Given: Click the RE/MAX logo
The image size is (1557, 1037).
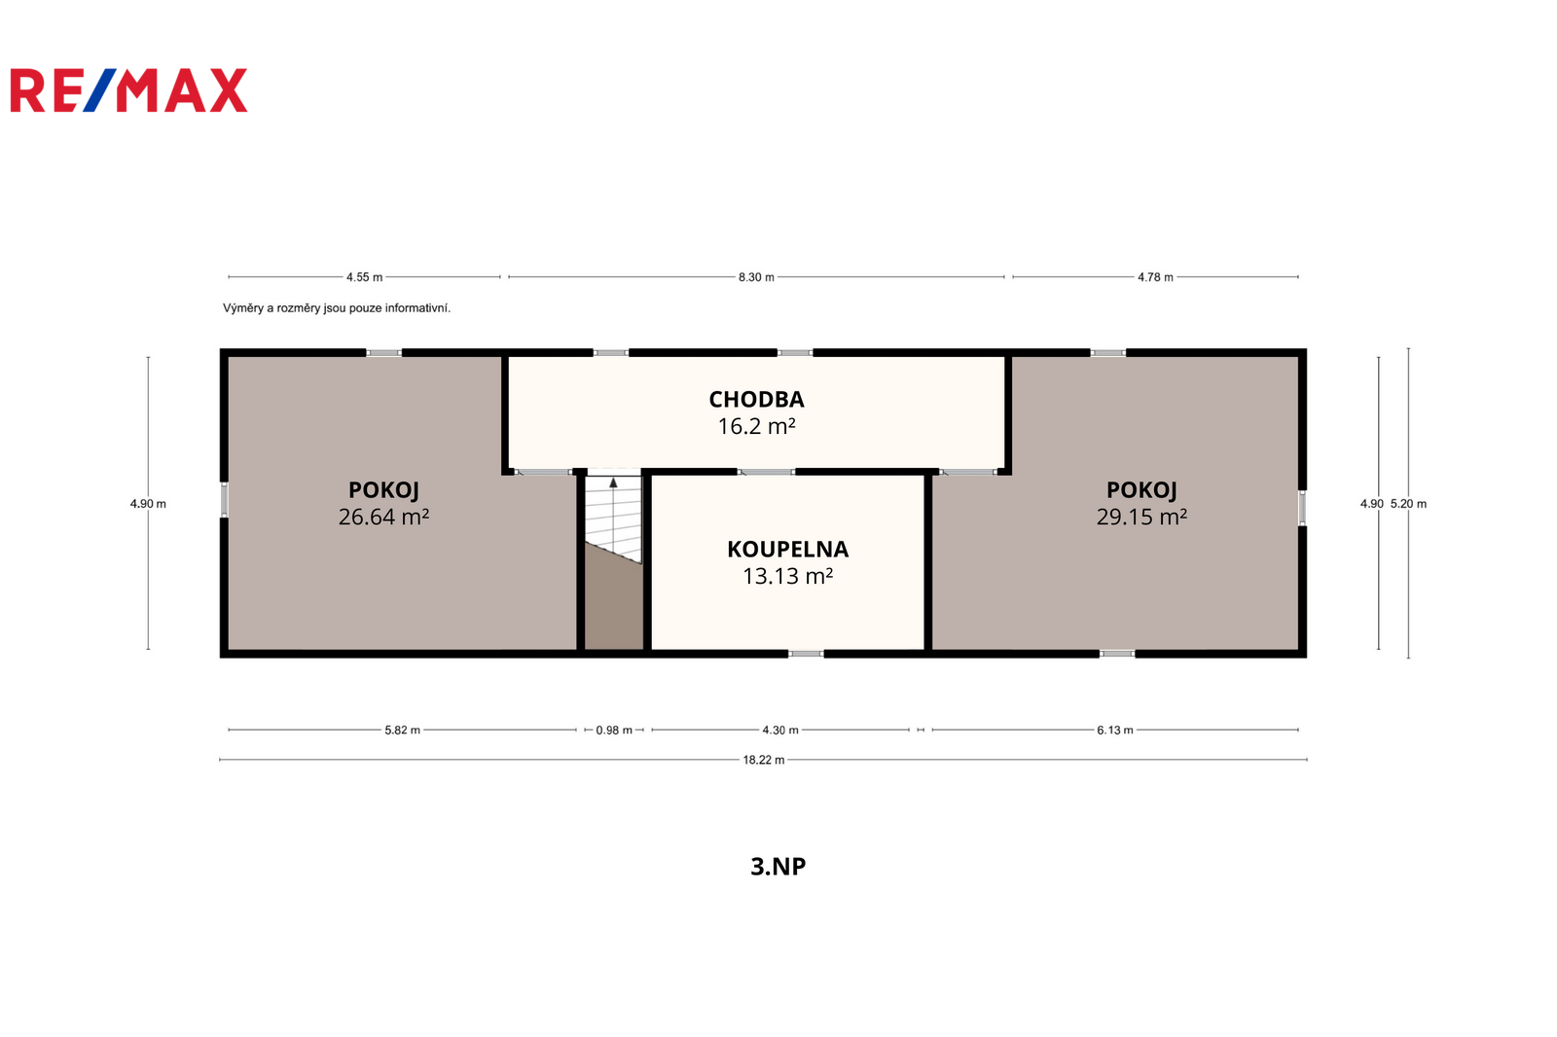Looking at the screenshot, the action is (128, 90).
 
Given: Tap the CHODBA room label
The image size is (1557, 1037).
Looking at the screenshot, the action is (756, 400).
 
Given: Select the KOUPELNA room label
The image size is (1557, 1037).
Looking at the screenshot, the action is (787, 550).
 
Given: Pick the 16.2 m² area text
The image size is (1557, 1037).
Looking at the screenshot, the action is (756, 426).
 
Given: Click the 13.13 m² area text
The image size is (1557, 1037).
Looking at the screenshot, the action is (787, 576).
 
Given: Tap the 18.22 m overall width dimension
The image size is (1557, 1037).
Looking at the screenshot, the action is (763, 760).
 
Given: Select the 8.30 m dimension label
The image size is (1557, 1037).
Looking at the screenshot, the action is (756, 277).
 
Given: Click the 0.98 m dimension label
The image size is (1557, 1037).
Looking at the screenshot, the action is (614, 730).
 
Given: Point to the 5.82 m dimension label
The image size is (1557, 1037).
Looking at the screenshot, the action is (403, 730).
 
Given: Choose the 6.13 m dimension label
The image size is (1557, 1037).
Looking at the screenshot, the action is (1115, 730).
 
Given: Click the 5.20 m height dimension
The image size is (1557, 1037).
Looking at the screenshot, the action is (1408, 504).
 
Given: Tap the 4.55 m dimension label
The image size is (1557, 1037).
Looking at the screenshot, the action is (364, 277).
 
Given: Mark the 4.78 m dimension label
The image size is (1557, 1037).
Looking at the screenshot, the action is (1155, 277).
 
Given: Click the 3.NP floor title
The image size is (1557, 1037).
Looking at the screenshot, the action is (778, 866).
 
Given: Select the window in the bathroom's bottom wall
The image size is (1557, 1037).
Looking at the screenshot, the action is (806, 654).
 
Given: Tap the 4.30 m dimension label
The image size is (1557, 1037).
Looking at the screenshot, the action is (779, 730).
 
